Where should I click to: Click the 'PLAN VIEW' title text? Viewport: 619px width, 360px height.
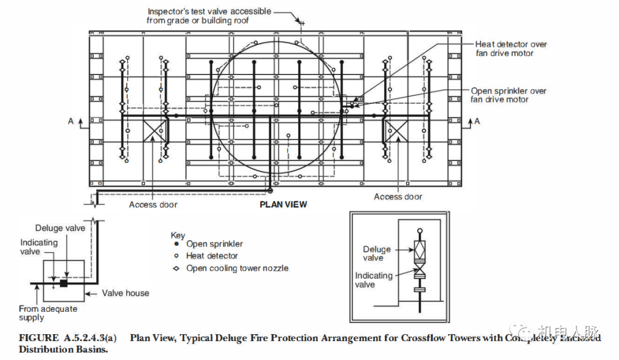(x=283, y=205)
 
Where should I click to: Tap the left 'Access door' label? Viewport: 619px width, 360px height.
(x=153, y=205)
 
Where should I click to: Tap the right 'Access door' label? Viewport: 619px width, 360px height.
(x=398, y=197)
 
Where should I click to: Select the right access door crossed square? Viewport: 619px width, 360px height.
(x=395, y=131)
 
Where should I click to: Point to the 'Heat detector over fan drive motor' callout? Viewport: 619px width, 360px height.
(x=511, y=49)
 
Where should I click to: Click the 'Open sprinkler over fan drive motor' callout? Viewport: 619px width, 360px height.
(x=508, y=95)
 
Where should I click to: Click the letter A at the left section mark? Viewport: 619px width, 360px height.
(x=70, y=121)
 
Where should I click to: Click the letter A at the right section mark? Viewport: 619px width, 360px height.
(x=477, y=121)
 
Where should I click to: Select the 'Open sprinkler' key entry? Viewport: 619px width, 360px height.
(x=214, y=244)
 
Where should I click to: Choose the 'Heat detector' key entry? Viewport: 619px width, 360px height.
(x=212, y=256)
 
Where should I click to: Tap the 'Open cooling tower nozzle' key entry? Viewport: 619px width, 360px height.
(x=237, y=268)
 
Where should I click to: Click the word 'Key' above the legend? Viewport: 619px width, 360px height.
(x=178, y=235)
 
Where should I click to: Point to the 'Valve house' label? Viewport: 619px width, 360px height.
(x=126, y=293)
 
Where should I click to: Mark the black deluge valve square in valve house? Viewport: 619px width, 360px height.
(x=64, y=283)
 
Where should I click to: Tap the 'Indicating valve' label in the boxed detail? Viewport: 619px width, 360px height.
(x=374, y=280)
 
